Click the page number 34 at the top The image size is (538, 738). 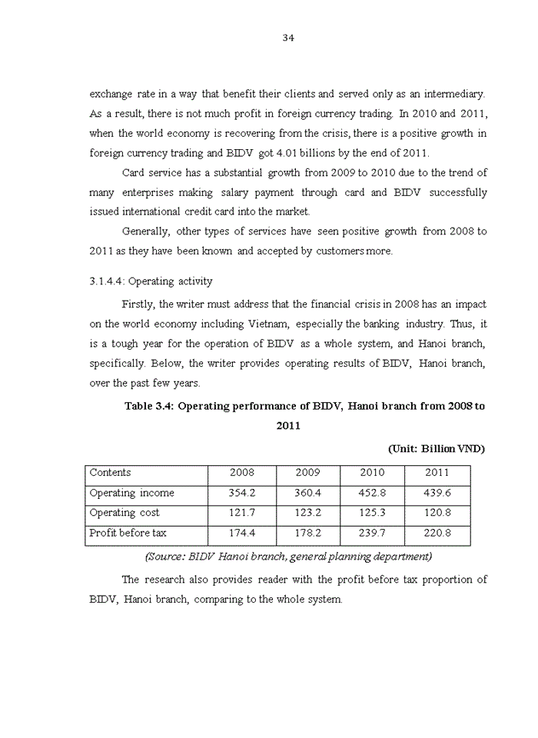click(x=288, y=38)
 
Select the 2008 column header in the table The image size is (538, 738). click(x=242, y=473)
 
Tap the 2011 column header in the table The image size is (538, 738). click(x=437, y=473)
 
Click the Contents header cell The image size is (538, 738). click(x=111, y=473)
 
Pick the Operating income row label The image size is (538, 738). click(x=132, y=493)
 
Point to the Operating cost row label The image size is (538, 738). click(x=125, y=513)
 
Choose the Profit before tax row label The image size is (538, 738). click(x=128, y=533)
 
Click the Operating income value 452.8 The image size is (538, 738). click(x=373, y=493)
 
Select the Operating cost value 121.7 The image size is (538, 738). click(x=242, y=513)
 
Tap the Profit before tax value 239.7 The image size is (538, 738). click(x=373, y=533)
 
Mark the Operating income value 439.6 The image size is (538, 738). click(x=437, y=493)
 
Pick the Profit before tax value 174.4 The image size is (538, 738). click(x=242, y=533)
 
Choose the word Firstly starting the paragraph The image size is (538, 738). click(x=138, y=304)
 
